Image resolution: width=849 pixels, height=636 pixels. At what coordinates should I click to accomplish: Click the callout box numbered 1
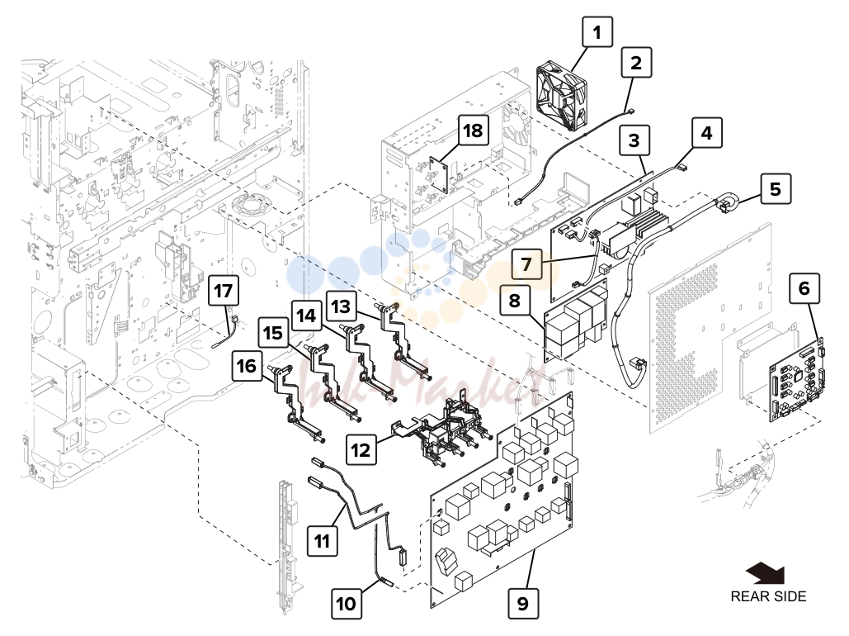tap(597, 32)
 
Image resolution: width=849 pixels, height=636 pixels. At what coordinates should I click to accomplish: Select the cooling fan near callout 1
tap(562, 94)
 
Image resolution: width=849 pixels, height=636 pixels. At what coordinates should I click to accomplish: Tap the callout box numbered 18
tap(474, 131)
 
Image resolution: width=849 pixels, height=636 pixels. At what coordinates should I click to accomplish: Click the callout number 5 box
tap(776, 188)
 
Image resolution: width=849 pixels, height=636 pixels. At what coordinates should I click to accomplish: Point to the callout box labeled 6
tap(804, 288)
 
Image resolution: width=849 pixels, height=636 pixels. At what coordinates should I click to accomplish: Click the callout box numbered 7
tap(526, 264)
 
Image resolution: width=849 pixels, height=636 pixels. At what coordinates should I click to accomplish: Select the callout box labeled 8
tap(514, 300)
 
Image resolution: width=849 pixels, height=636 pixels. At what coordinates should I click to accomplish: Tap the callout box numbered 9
tap(523, 603)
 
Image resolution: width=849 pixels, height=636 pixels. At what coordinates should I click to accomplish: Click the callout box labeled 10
tap(347, 604)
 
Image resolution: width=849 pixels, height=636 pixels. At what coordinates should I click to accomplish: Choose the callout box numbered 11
tap(322, 540)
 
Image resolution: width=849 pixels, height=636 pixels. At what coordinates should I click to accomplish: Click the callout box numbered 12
tap(361, 449)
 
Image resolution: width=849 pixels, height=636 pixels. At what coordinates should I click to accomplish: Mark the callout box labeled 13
tap(341, 306)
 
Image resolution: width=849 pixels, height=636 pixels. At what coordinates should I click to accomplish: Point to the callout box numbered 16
tap(247, 365)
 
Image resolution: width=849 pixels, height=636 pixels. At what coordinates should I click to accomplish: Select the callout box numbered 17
tap(223, 291)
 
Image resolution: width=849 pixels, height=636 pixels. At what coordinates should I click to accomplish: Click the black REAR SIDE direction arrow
tap(766, 574)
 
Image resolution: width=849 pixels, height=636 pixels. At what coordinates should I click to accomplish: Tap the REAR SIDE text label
tap(768, 596)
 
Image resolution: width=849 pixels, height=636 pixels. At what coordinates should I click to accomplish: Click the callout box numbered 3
tap(634, 140)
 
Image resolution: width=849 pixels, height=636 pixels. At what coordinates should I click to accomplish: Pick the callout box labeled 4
tap(706, 132)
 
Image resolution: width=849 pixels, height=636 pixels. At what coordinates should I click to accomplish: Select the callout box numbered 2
tap(636, 62)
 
